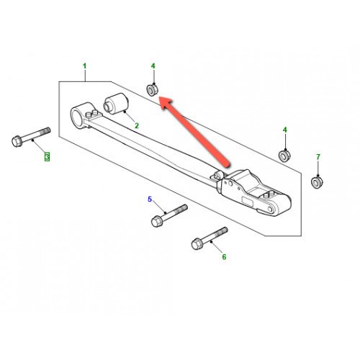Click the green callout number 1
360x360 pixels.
click(84, 66)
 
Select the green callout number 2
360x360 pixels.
click(137, 125)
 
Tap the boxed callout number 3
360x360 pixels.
click(47, 157)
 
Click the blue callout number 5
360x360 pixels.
click(150, 199)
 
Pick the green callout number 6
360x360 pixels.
click(224, 257)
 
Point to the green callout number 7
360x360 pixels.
click(318, 157)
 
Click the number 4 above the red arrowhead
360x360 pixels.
click(153, 66)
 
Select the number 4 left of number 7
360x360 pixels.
click(285, 130)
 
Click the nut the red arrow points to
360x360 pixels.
click(152, 90)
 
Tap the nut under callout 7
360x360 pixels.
click(317, 182)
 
